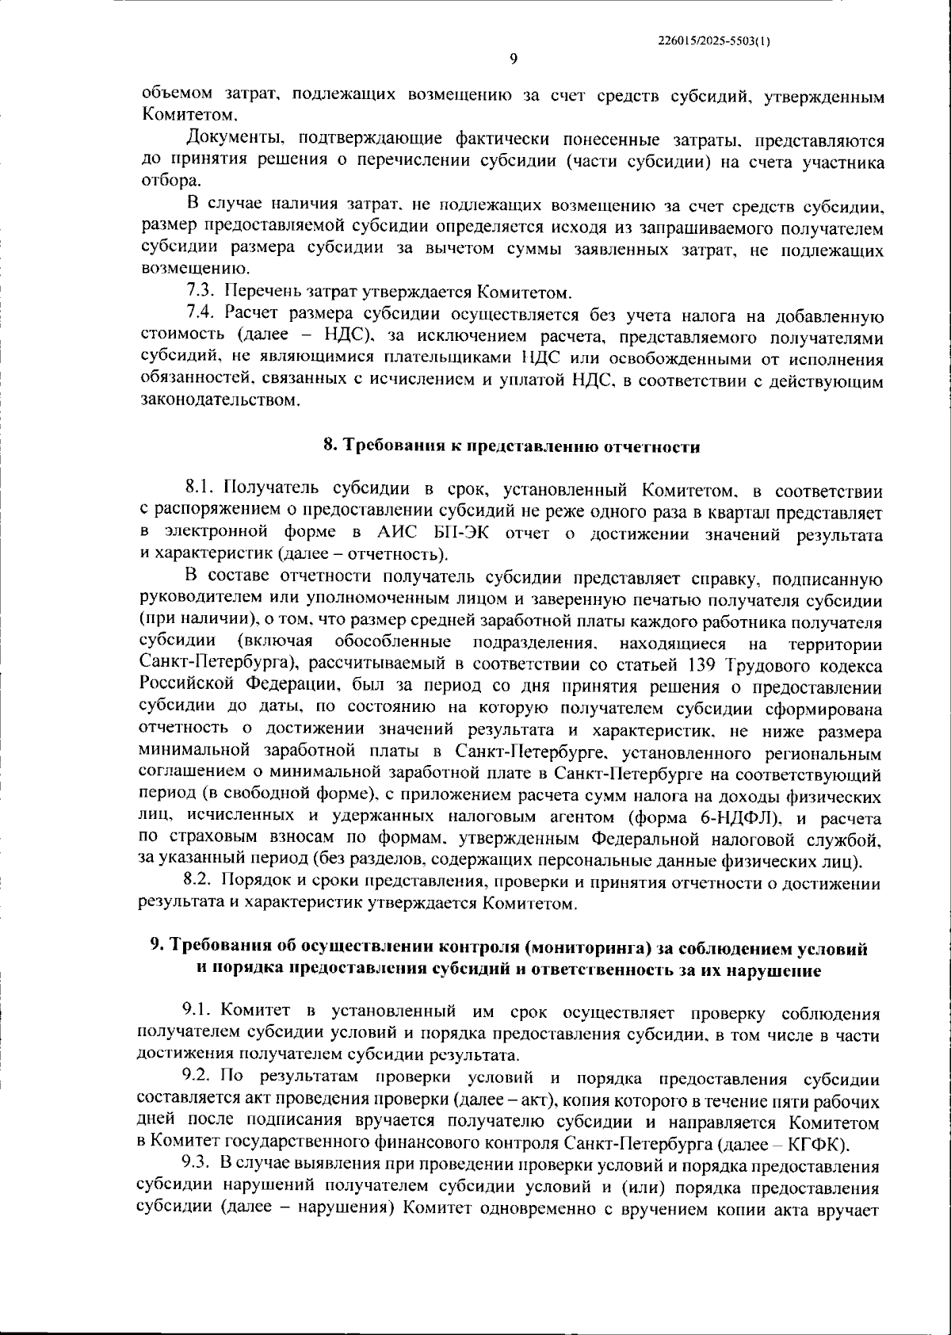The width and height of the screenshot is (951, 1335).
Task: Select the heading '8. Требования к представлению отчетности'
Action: pyautogui.click(x=512, y=446)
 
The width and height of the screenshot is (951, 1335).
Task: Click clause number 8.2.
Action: pyautogui.click(x=199, y=882)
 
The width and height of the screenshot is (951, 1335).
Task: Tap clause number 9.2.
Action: pyautogui.click(x=199, y=1079)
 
